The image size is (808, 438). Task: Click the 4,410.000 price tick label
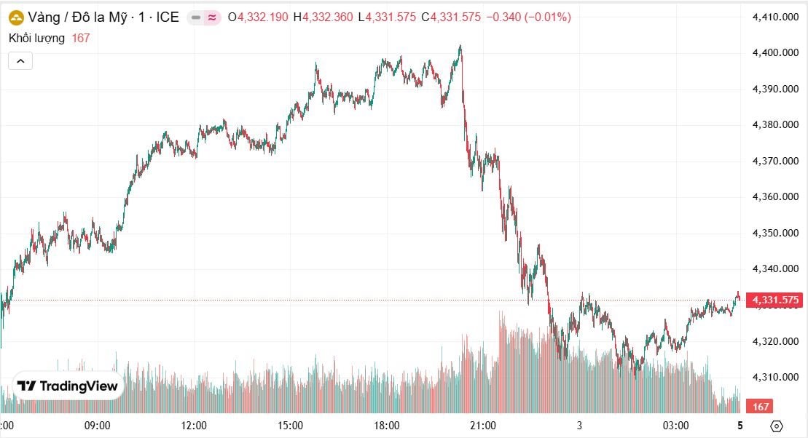click(776, 17)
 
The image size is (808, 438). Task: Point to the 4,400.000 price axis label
click(776, 52)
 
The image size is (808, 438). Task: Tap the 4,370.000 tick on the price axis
click(776, 161)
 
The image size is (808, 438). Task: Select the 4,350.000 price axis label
click(776, 233)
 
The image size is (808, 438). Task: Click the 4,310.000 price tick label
click(776, 377)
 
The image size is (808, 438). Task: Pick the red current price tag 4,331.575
click(776, 300)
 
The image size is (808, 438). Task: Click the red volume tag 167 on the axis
click(761, 407)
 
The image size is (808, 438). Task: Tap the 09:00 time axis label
click(98, 426)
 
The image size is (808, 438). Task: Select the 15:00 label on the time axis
click(290, 426)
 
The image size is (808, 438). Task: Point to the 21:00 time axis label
click(483, 426)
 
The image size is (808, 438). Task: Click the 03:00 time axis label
click(675, 426)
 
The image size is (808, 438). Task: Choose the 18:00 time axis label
click(386, 426)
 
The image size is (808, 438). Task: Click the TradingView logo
click(68, 386)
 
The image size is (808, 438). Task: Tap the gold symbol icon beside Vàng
click(16, 17)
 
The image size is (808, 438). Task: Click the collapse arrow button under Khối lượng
click(20, 61)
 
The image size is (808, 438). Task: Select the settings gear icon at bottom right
click(777, 426)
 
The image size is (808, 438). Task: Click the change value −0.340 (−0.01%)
click(529, 17)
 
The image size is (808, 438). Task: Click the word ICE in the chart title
click(167, 17)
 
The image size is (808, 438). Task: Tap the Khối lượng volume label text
click(36, 38)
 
